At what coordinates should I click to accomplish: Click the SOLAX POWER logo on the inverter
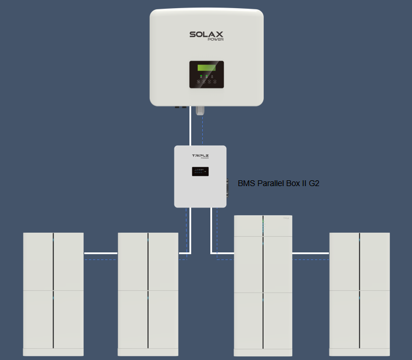[x=206, y=35]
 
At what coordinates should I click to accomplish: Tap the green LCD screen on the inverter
[x=206, y=68]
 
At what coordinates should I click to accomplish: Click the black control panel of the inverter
[x=206, y=74]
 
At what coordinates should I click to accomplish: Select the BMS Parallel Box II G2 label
[x=278, y=183]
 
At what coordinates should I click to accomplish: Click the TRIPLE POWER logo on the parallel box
[x=200, y=156]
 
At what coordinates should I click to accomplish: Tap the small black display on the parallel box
[x=200, y=172]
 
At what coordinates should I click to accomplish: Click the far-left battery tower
[x=53, y=291]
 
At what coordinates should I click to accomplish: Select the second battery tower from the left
[x=148, y=291]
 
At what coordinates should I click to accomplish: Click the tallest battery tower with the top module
[x=263, y=285]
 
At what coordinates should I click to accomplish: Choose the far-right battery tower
[x=359, y=291]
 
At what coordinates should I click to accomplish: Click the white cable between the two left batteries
[x=101, y=253]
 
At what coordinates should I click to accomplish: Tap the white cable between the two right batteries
[x=310, y=253]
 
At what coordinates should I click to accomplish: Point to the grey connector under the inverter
[x=200, y=110]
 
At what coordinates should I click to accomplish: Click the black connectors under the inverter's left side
[x=180, y=107]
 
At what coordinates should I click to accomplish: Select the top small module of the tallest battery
[x=263, y=226]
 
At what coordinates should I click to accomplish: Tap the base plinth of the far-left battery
[x=53, y=352]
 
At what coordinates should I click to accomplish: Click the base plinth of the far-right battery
[x=359, y=352]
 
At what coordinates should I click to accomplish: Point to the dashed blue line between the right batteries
[x=310, y=259]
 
